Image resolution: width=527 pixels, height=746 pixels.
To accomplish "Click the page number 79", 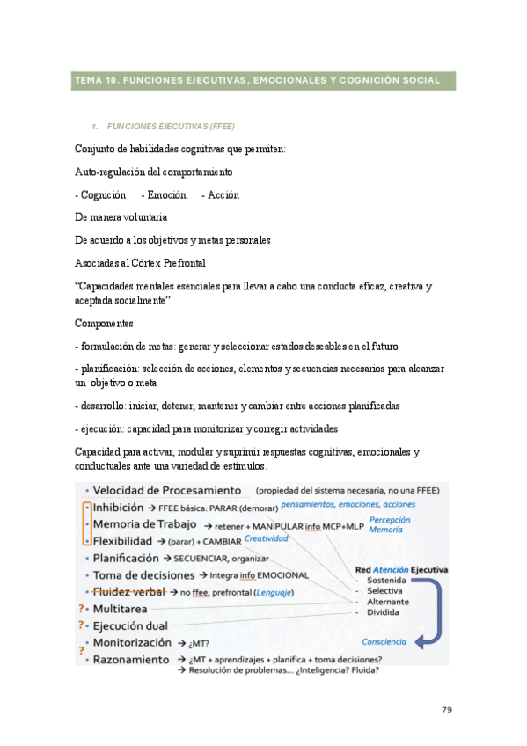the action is click(445, 707).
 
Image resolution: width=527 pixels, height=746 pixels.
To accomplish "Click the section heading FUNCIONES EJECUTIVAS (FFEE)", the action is click(170, 126).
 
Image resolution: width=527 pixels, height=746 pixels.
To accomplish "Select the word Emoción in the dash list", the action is click(165, 194).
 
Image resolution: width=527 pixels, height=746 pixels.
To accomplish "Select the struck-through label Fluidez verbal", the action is click(130, 591).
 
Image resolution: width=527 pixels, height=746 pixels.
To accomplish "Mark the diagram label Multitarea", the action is click(123, 608).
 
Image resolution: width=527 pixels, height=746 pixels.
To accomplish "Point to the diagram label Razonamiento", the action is click(131, 659).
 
